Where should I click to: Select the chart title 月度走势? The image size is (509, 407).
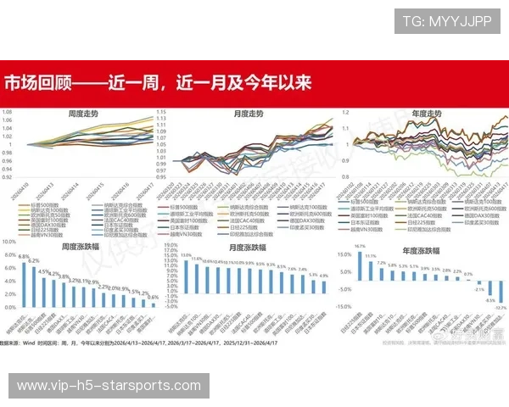coord(248,113)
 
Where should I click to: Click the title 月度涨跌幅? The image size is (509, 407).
coord(248,248)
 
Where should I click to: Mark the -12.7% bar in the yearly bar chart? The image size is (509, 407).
coord(501,292)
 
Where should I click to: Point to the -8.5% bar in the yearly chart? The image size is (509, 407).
coord(489,288)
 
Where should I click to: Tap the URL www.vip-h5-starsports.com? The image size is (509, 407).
coord(108,386)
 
